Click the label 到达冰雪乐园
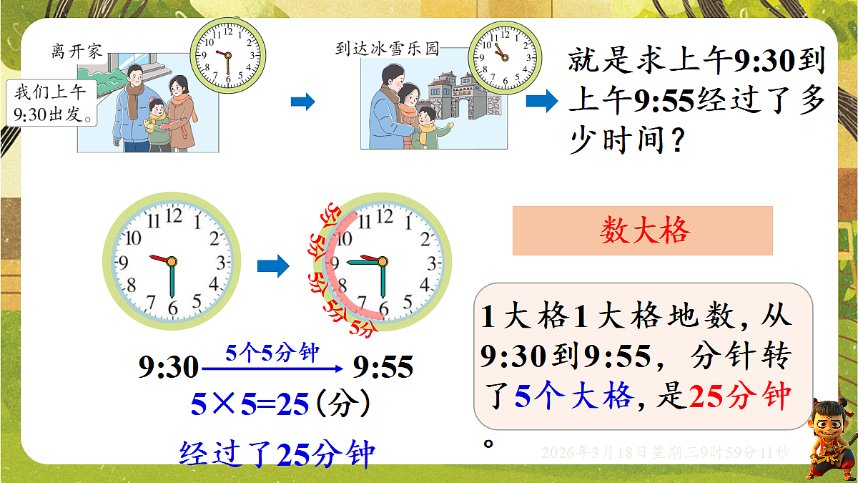[387, 49]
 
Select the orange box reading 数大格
[643, 230]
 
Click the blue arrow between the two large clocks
[273, 268]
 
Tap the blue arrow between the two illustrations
[303, 102]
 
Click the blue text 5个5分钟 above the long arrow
[272, 353]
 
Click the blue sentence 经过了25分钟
[277, 452]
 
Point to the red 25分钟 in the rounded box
[739, 396]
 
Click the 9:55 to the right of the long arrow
[383, 368]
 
